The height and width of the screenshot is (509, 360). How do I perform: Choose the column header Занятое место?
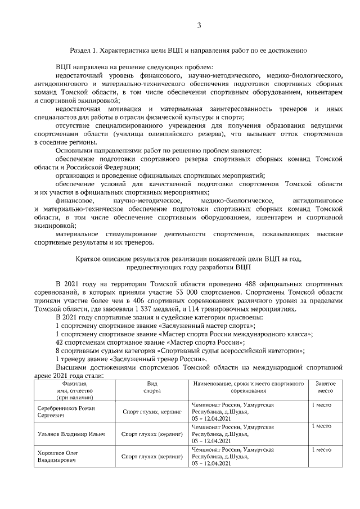(x=325, y=386)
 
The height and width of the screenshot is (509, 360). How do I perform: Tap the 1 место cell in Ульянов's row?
(x=321, y=426)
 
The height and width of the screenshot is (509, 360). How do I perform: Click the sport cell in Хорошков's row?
(x=152, y=457)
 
